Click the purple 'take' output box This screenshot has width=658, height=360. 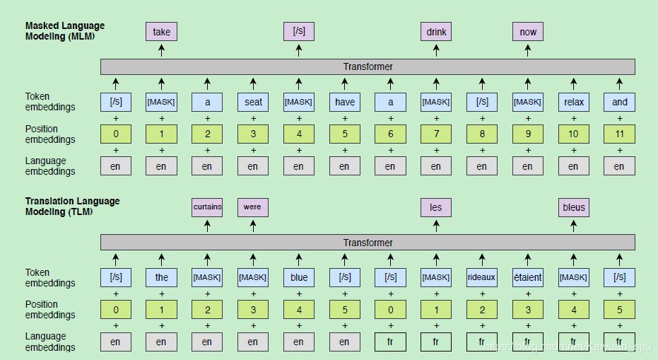[161, 32]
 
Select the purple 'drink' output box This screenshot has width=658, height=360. [436, 32]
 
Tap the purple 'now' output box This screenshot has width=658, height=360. [528, 32]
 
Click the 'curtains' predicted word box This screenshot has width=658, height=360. [207, 207]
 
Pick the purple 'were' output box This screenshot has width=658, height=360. [252, 207]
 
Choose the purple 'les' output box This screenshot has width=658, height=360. [436, 207]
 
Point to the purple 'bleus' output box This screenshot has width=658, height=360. [574, 207]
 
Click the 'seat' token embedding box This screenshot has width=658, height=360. [253, 102]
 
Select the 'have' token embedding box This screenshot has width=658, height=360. [344, 102]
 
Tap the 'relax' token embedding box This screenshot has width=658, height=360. [574, 102]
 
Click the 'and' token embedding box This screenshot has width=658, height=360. [619, 102]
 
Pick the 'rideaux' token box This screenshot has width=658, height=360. [482, 277]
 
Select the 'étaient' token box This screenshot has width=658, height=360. [528, 277]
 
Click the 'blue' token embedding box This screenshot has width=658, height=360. [299, 277]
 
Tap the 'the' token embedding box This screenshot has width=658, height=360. [161, 277]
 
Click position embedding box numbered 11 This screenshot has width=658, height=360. [619, 134]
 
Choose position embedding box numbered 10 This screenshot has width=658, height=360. [574, 134]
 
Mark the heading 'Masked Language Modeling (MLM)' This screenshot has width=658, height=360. [65, 31]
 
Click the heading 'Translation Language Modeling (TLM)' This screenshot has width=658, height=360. [72, 206]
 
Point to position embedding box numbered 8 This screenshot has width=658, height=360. [482, 134]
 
